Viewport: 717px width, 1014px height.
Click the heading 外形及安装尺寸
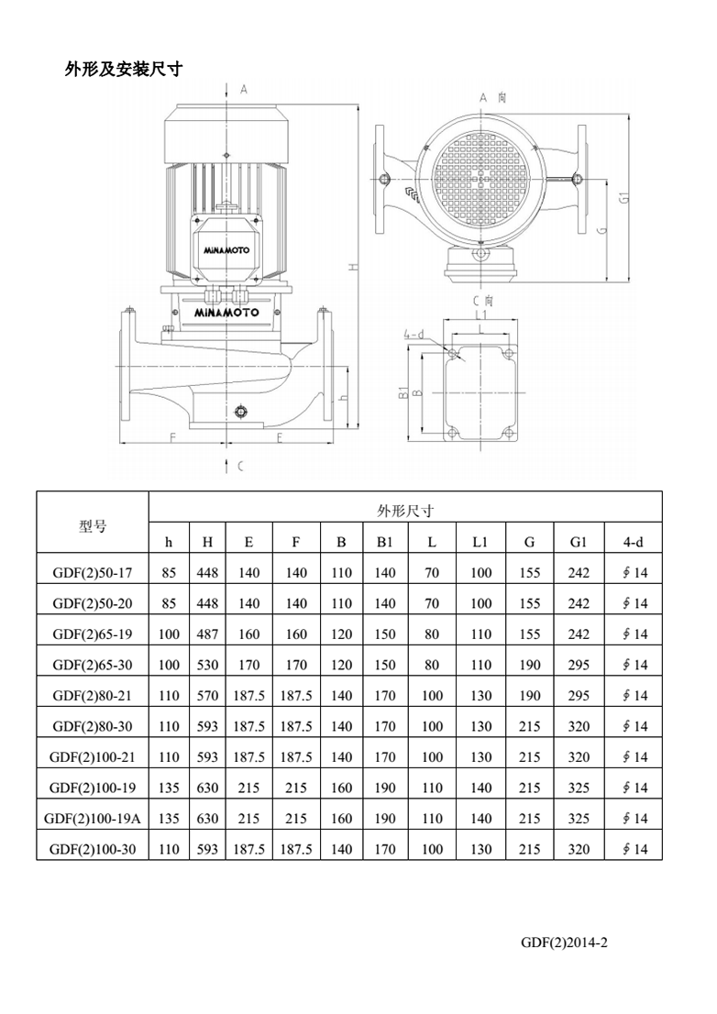click(x=123, y=69)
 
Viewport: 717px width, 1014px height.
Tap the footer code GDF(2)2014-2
click(x=564, y=942)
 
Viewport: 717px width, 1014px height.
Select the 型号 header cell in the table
click(x=93, y=526)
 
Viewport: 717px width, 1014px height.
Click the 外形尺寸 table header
click(x=404, y=511)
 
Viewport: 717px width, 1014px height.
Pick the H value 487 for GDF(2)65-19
click(x=208, y=634)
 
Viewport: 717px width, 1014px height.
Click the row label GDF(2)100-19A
click(x=93, y=818)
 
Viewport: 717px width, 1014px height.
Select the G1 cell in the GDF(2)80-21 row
click(x=578, y=695)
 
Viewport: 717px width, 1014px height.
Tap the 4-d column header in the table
click(x=634, y=542)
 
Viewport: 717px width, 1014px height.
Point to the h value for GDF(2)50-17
click(x=169, y=573)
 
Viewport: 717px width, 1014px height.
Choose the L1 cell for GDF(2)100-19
click(x=480, y=788)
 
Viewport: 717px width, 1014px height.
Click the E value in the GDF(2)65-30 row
click(x=248, y=665)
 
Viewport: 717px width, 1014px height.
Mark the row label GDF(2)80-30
click(x=93, y=726)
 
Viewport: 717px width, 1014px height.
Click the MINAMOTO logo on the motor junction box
click(x=226, y=249)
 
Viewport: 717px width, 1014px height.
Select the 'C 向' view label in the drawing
click(x=482, y=300)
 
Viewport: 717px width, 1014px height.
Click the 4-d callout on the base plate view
click(x=414, y=336)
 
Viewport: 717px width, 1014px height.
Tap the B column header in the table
click(x=341, y=542)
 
